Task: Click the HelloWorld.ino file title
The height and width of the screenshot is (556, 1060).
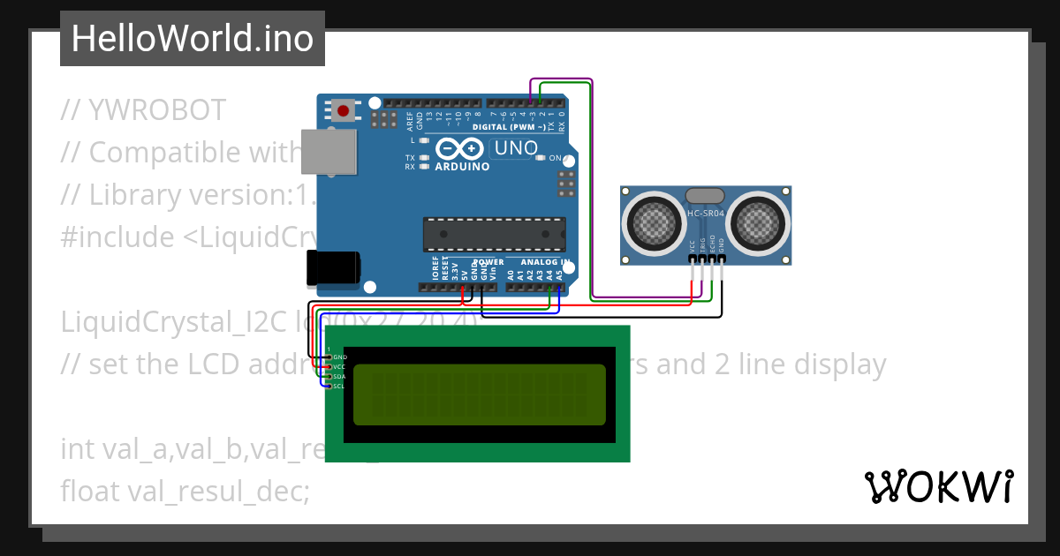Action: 192,39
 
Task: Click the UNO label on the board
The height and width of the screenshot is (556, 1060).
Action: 516,148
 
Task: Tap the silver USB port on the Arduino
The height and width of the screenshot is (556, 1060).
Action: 328,151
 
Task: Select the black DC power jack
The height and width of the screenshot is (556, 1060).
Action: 332,268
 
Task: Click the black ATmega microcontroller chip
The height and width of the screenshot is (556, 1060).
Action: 493,233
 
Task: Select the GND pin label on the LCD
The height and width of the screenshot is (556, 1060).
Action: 340,357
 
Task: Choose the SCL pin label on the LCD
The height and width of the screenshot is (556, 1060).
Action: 340,386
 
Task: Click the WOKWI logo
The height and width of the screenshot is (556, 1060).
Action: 938,486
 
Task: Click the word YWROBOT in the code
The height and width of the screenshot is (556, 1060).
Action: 156,110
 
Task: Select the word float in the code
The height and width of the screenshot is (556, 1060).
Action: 91,491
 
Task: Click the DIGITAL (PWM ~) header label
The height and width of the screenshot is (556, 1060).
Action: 514,127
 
